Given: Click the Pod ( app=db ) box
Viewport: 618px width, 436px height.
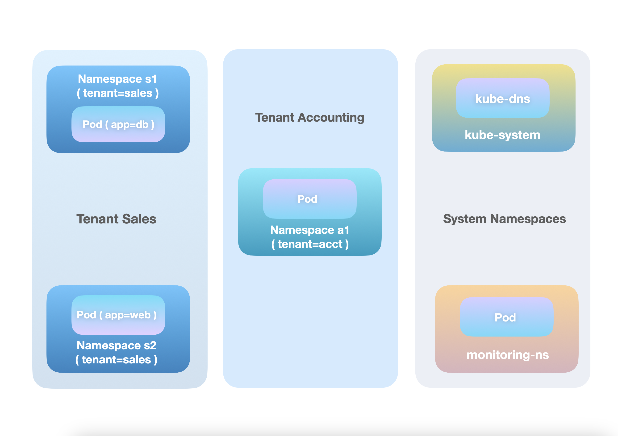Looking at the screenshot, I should [x=118, y=124].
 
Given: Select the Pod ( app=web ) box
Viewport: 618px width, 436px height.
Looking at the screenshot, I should [x=118, y=315].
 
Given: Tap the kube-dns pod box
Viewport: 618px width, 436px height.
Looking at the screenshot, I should [x=502, y=99].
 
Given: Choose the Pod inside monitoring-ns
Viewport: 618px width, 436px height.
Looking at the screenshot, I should [x=507, y=317].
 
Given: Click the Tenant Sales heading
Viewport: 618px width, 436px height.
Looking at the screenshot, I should [x=116, y=219].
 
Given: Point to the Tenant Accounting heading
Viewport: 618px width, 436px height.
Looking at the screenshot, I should [x=309, y=117].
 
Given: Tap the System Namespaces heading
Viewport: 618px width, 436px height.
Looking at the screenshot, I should [x=504, y=219].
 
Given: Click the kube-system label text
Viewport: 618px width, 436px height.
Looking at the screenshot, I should [x=502, y=135].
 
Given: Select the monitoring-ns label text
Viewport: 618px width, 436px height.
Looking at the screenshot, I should [x=507, y=355].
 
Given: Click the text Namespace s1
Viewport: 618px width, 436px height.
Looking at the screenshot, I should [x=117, y=79].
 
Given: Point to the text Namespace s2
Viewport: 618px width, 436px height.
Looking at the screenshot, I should [x=117, y=345].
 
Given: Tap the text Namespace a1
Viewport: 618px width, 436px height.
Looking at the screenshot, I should [x=309, y=230].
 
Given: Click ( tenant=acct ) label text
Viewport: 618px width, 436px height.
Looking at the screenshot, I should [x=310, y=244].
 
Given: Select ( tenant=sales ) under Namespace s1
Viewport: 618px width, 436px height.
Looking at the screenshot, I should [x=118, y=93].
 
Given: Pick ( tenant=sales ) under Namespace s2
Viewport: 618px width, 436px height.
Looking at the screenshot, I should [x=116, y=360].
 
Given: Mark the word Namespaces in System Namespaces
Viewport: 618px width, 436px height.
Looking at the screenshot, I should [x=528, y=219].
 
